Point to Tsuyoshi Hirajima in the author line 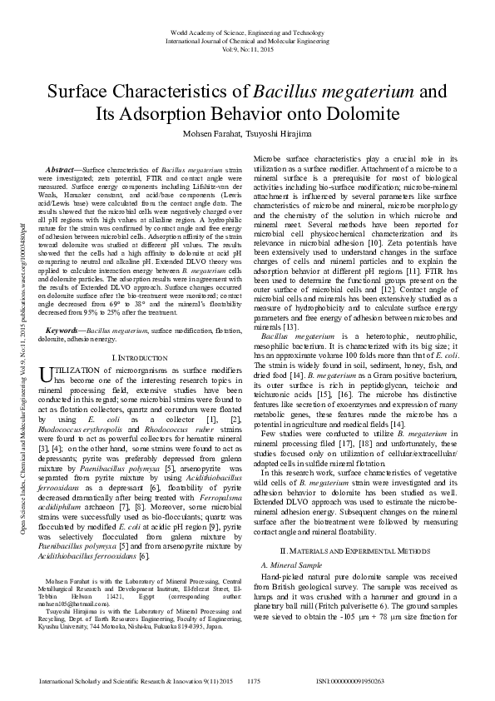284,134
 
